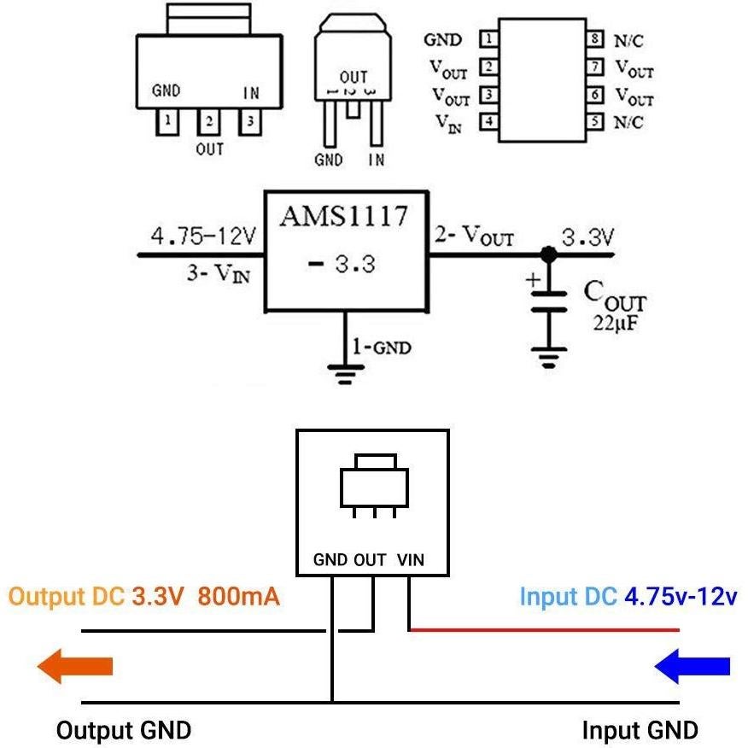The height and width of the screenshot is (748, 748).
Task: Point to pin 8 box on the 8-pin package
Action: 595,40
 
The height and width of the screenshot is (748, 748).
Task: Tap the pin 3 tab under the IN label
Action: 249,122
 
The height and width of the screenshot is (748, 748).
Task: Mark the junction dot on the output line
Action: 548,254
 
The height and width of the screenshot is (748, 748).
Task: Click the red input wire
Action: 546,631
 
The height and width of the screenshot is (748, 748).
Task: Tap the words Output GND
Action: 124,731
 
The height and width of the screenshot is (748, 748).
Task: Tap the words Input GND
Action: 640,731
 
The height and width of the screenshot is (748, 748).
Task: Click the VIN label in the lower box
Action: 411,561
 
